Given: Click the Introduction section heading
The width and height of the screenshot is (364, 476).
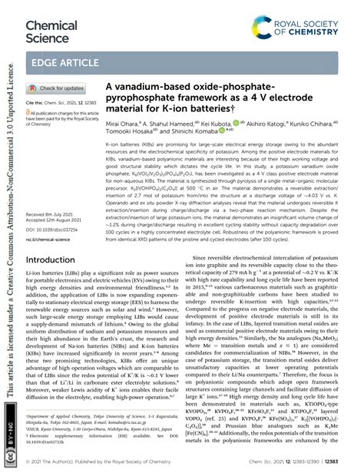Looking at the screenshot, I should pyautogui.click(x=55, y=260).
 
